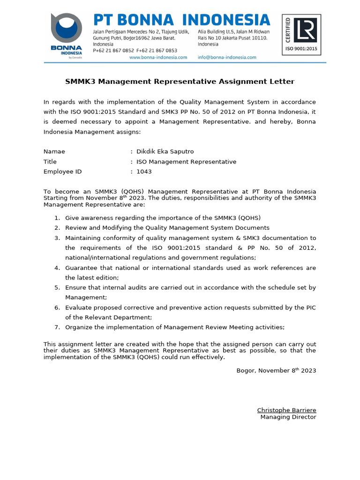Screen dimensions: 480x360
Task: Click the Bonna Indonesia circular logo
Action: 67,29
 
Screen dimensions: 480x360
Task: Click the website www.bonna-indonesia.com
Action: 158,57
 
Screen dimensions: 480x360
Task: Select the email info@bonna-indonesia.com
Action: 227,57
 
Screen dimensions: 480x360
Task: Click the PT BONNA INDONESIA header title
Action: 182,20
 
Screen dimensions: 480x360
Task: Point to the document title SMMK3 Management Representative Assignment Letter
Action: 180,82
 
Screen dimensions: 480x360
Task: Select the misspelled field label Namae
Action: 54,151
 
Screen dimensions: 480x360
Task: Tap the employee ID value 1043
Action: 144,172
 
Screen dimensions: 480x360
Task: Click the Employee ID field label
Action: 62,172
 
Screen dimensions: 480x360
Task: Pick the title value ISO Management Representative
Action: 186,162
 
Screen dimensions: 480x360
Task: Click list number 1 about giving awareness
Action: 57,218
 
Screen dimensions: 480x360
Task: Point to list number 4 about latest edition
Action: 57,268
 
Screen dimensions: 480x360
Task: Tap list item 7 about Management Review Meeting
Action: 174,327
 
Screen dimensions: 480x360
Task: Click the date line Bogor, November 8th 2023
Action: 276,371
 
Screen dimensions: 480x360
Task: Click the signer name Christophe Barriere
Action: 286,410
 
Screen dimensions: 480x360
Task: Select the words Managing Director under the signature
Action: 288,417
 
